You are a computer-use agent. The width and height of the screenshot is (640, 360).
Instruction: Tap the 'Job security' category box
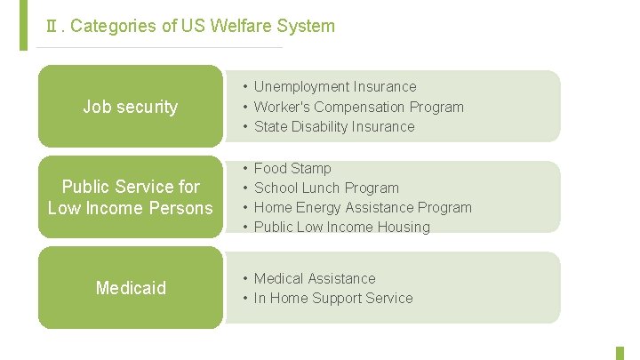click(130, 107)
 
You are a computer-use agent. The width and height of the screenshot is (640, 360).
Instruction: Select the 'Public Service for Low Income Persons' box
click(130, 197)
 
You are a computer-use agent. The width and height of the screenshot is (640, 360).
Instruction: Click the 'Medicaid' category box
click(130, 288)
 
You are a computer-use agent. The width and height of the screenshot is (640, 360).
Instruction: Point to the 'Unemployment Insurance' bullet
click(334, 86)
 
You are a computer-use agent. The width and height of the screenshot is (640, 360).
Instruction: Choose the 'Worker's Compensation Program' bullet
click(358, 107)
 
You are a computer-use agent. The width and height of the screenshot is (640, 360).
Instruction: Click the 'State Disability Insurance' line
click(333, 126)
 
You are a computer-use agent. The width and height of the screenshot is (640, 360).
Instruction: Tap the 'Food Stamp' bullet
click(292, 168)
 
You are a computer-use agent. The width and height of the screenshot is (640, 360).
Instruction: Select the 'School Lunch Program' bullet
click(326, 188)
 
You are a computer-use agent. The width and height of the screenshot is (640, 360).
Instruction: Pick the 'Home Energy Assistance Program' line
click(363, 207)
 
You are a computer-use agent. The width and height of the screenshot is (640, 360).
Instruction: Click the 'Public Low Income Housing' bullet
click(341, 227)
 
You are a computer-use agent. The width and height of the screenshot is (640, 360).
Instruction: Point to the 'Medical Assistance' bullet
click(315, 278)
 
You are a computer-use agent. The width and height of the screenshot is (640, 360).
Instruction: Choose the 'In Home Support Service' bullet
click(332, 298)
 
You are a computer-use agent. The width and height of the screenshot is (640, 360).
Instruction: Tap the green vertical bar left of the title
click(23, 25)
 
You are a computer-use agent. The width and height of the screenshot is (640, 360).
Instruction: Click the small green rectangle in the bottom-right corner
click(620, 353)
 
